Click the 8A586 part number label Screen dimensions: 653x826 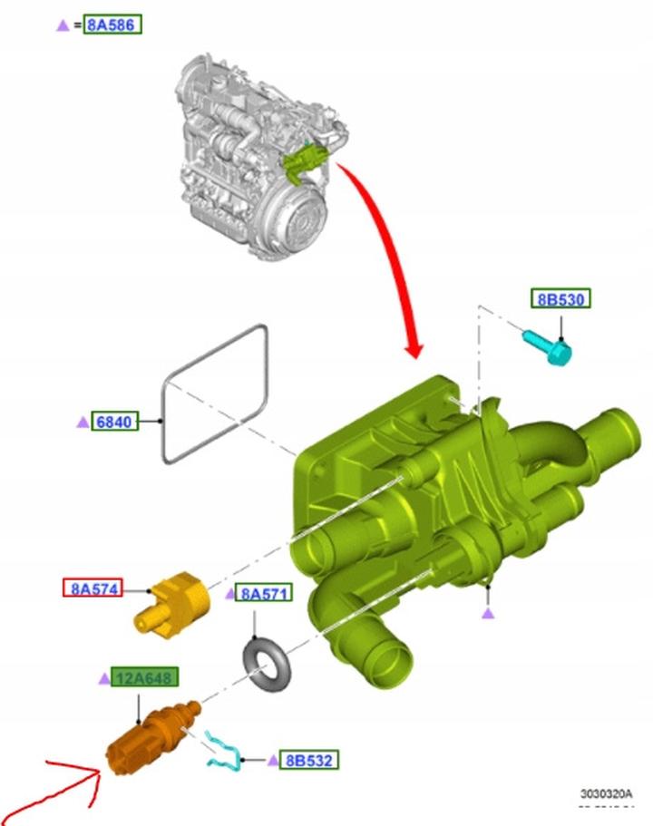click(x=112, y=24)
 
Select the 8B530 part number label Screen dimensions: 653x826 click(x=560, y=298)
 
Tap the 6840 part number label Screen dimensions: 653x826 click(x=115, y=422)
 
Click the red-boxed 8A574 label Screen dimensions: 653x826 click(x=93, y=588)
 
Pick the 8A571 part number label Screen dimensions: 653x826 click(x=263, y=593)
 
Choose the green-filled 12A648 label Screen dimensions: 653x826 click(x=144, y=677)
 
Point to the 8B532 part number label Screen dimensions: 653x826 click(x=309, y=760)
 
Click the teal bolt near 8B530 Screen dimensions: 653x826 click(x=547, y=346)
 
